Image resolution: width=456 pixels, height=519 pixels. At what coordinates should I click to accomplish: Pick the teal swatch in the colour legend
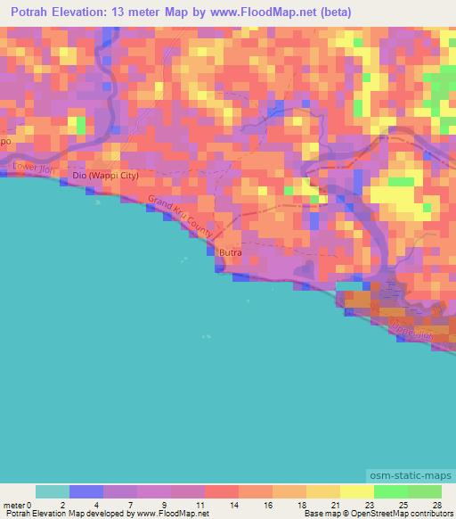[52, 491]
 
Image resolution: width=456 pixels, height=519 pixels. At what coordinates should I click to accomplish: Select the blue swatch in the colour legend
[85, 491]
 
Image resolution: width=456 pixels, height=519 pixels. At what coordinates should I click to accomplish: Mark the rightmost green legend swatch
[424, 491]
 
